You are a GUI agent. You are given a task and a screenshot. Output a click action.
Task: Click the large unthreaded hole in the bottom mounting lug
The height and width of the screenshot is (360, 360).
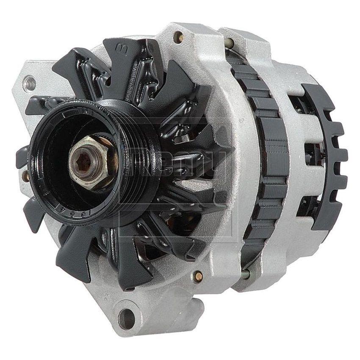click(125, 315)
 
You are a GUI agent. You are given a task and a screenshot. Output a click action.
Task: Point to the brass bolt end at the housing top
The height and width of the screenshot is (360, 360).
click(180, 37)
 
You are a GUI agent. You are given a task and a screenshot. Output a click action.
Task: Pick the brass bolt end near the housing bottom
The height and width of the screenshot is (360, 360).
click(198, 276)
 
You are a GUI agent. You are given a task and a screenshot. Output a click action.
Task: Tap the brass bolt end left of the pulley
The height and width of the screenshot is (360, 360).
click(26, 175)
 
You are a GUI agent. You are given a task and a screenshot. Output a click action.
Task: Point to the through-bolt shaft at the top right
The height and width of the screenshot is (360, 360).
click(229, 43)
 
